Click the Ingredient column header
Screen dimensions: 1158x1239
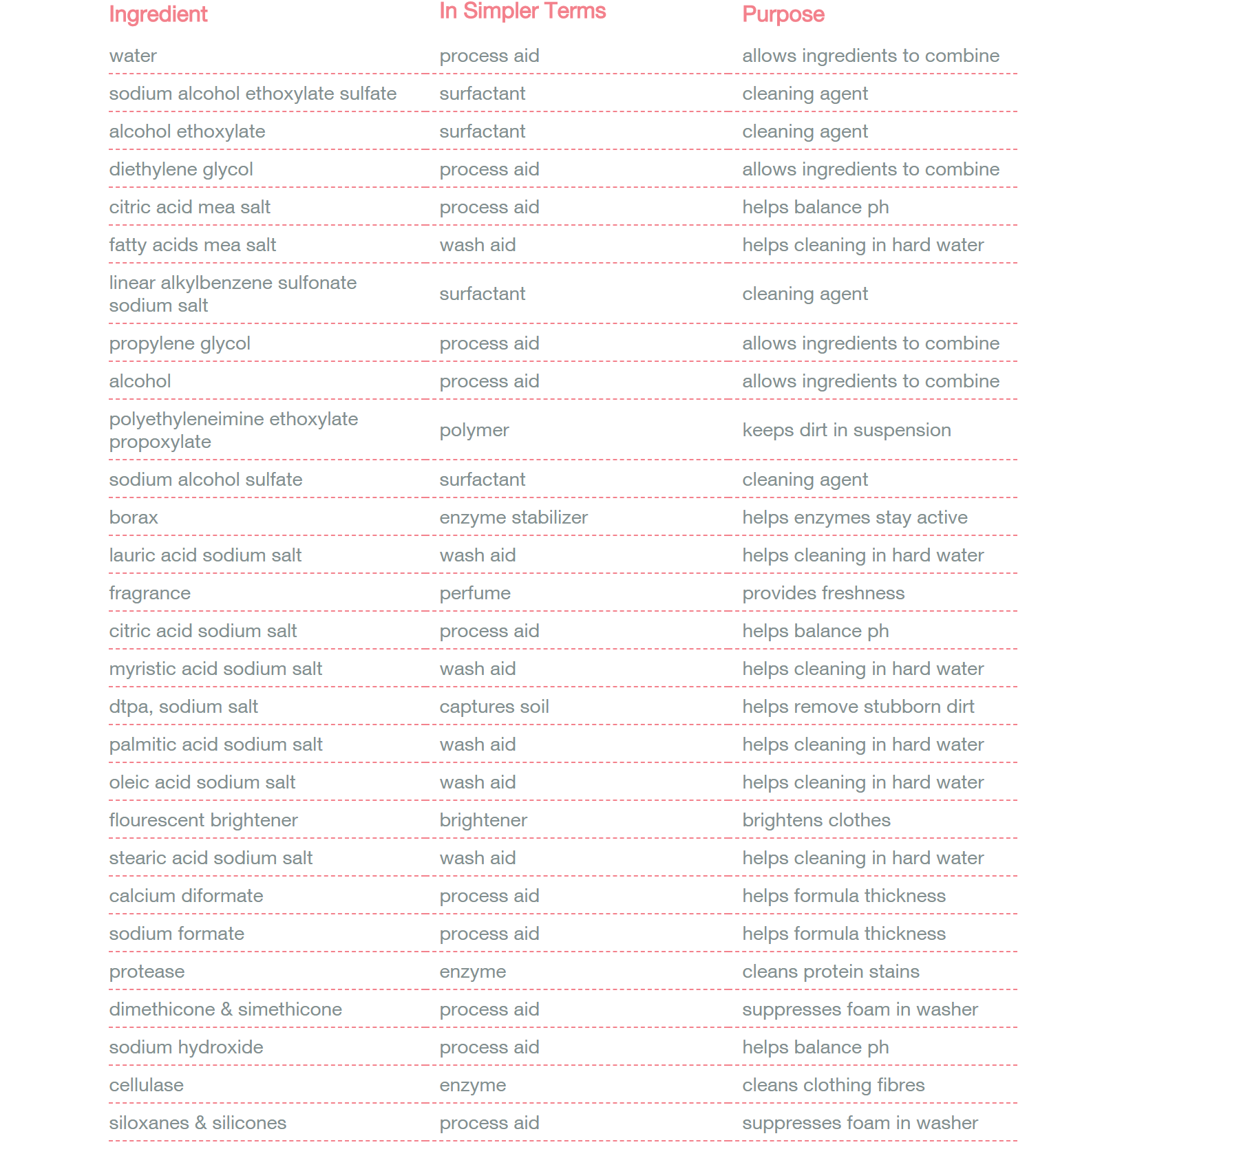click(158, 14)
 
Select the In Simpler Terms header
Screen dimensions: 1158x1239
click(522, 11)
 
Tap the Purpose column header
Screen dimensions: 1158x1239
click(783, 14)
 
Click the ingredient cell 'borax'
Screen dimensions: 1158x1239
click(134, 517)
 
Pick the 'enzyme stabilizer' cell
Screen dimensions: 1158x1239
click(513, 517)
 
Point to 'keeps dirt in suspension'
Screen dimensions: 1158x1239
click(846, 430)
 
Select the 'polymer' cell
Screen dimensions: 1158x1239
click(474, 430)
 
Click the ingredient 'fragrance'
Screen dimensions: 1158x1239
click(149, 593)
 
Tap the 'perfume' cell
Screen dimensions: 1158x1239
click(474, 593)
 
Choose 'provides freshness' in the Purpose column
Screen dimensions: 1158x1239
click(823, 593)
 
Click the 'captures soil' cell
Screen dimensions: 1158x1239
click(494, 707)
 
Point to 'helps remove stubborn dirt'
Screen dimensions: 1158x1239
click(858, 707)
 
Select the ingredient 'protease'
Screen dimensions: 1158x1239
click(147, 972)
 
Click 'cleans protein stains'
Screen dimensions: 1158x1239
click(830, 972)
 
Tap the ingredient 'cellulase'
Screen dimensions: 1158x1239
click(146, 1085)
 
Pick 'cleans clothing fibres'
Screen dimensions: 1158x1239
click(833, 1085)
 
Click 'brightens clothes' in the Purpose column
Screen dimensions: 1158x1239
click(816, 820)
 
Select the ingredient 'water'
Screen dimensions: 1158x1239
click(133, 56)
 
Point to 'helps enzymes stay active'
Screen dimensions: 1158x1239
click(854, 517)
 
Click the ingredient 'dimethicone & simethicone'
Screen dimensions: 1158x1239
click(225, 1009)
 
